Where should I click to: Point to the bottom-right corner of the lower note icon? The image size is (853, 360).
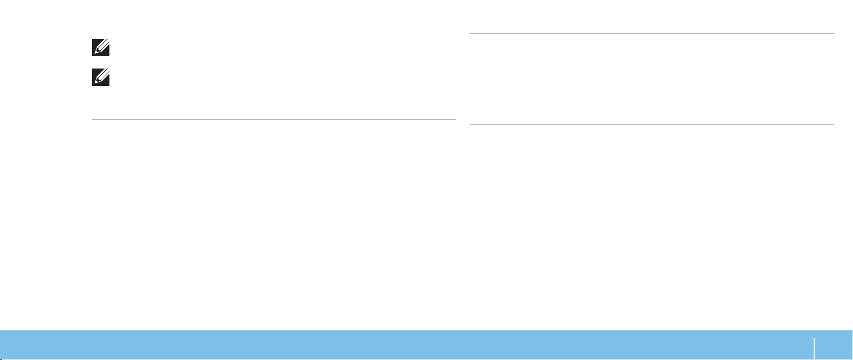109,85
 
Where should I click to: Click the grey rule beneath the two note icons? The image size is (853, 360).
274,120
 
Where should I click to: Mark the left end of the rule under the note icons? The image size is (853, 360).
93,120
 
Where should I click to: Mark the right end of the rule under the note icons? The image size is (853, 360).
455,120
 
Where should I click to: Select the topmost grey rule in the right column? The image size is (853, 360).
652,33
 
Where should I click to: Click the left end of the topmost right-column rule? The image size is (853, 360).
470,33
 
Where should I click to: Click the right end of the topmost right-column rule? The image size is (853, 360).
834,33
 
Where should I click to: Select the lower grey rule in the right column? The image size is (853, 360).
652,125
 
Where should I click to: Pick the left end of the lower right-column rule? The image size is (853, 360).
470,125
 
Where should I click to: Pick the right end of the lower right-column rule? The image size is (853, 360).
834,125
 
